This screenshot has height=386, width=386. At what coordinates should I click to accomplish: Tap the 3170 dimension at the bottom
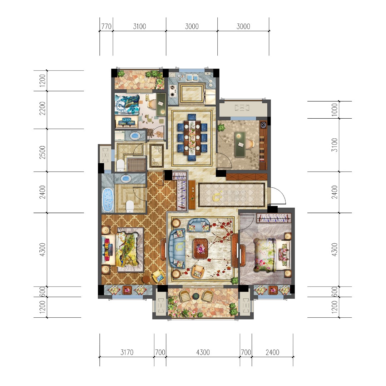pyautogui.click(x=127, y=353)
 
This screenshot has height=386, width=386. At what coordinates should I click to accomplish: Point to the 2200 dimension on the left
pyautogui.click(x=43, y=110)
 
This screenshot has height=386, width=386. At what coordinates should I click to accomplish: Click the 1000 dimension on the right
pyautogui.click(x=335, y=110)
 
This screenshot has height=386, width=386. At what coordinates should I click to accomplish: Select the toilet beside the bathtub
pyautogui.click(x=130, y=206)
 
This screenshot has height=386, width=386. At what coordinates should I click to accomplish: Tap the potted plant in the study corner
pyautogui.click(x=221, y=127)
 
